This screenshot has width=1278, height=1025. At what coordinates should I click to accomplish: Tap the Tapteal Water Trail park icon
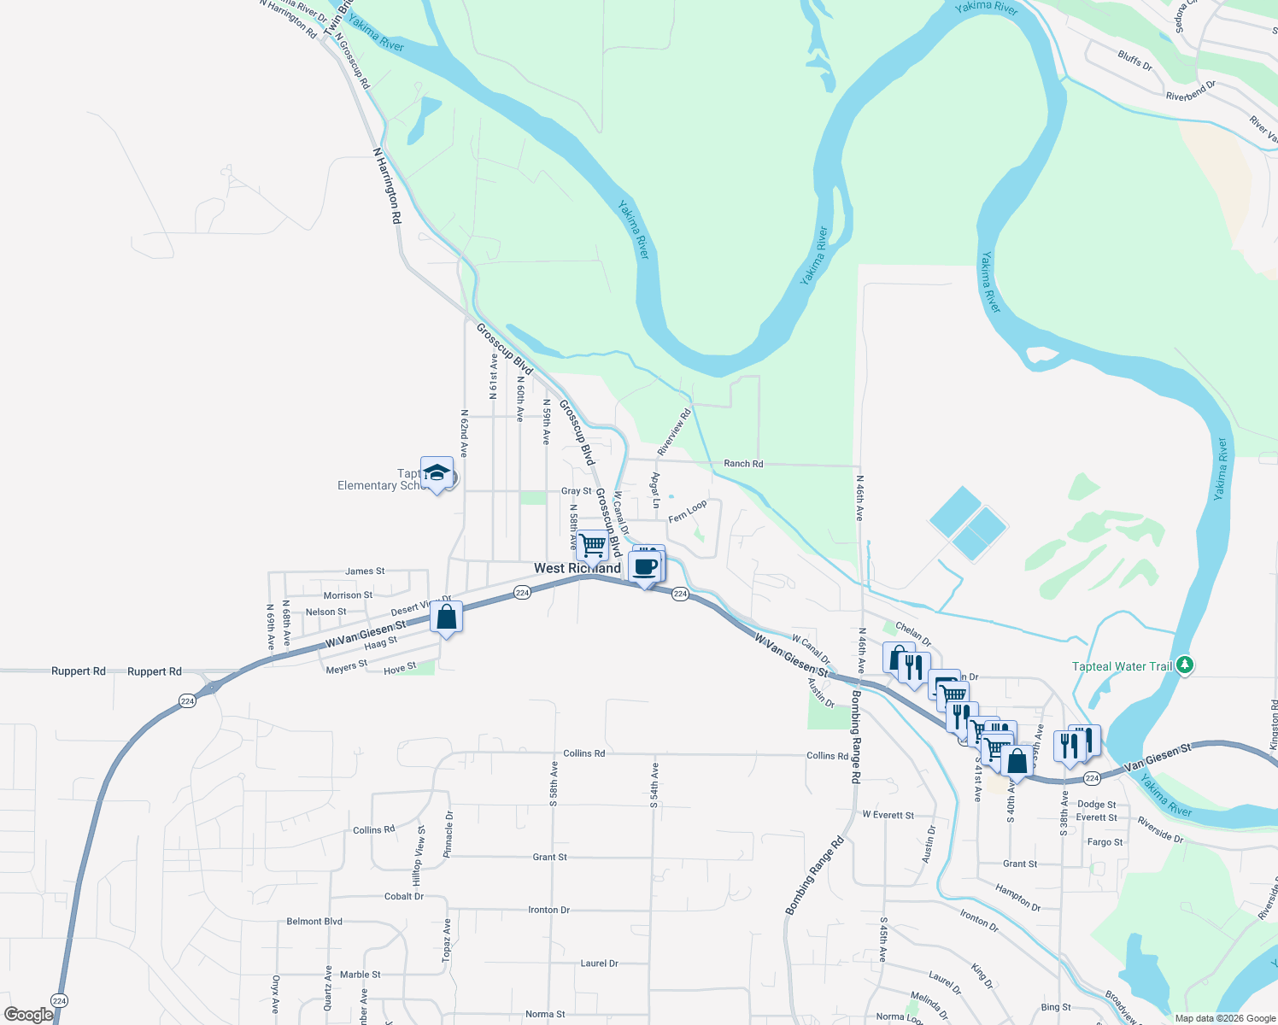(x=1184, y=665)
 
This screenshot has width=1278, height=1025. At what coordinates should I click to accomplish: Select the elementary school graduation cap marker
(x=437, y=473)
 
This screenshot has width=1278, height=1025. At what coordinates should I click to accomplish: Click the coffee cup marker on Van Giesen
(x=646, y=566)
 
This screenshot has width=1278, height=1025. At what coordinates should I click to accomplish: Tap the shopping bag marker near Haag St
(x=447, y=617)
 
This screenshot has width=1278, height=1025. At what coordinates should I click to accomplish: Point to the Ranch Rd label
(x=743, y=464)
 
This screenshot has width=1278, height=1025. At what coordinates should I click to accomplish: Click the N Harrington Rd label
(x=387, y=185)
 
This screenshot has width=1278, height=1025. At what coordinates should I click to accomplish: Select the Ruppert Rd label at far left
(x=79, y=671)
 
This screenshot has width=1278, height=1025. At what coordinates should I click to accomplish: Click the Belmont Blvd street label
(x=314, y=922)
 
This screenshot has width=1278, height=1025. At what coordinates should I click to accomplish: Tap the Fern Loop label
(x=688, y=512)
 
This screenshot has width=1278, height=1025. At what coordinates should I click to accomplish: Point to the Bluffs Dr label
(x=1134, y=61)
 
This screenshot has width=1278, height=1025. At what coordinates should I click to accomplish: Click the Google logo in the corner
(x=28, y=1015)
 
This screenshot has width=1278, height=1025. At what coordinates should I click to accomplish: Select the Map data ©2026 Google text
(x=1224, y=1018)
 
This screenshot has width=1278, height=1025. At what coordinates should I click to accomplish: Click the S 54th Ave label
(x=654, y=785)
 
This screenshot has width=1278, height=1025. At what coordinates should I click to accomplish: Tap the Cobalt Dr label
(x=404, y=897)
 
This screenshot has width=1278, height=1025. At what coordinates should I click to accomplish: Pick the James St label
(x=365, y=571)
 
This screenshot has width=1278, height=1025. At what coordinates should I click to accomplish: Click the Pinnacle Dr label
(x=449, y=834)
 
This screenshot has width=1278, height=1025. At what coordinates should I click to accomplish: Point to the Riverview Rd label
(x=674, y=432)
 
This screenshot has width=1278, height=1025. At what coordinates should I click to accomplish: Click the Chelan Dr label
(x=913, y=634)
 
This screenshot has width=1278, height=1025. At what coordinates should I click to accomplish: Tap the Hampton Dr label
(x=1017, y=898)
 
